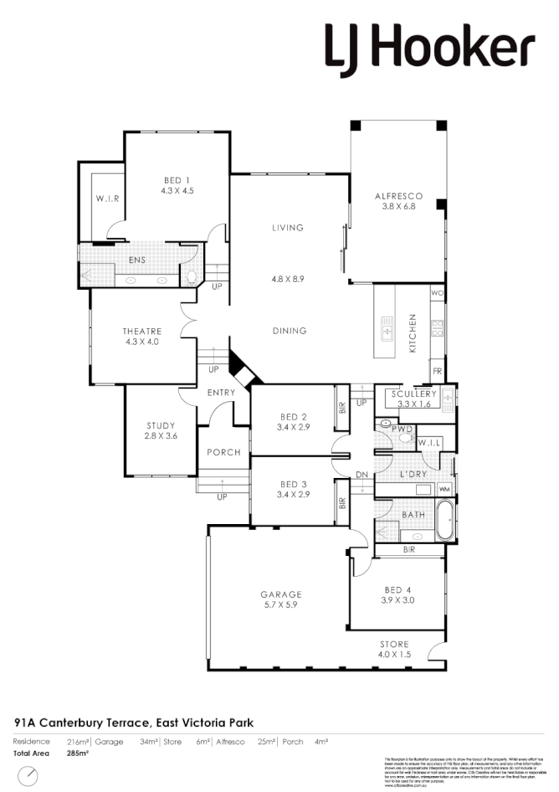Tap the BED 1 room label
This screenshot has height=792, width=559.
click(x=176, y=180)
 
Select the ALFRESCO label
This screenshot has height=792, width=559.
click(x=397, y=196)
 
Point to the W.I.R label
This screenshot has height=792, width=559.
click(x=106, y=199)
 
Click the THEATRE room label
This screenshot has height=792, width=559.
click(x=141, y=332)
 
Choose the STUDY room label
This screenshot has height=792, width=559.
click(x=162, y=425)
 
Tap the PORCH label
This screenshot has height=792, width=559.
click(x=223, y=452)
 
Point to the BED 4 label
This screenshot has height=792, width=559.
click(x=397, y=589)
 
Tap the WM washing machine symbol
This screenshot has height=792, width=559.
click(x=444, y=489)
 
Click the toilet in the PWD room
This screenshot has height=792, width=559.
click(x=407, y=435)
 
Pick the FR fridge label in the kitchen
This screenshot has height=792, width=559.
click(x=437, y=371)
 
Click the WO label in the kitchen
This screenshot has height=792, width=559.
click(x=437, y=294)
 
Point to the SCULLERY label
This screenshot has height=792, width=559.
click(x=414, y=393)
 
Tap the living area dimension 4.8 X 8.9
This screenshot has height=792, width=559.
click(x=287, y=280)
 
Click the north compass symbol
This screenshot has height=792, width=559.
click(x=30, y=774)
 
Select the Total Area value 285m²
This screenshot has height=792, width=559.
click(x=77, y=753)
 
